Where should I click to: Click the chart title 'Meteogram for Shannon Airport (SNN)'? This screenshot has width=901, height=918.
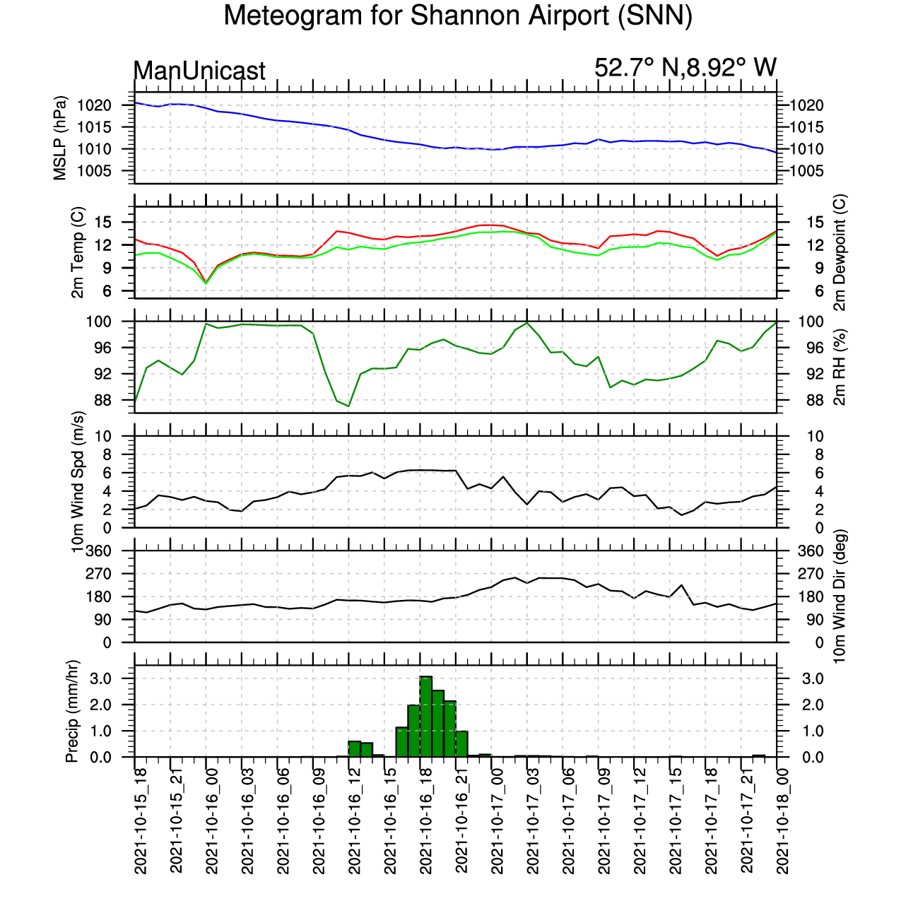click(457, 16)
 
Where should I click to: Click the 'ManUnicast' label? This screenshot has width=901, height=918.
click(199, 71)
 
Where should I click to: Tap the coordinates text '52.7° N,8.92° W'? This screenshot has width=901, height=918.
click(685, 68)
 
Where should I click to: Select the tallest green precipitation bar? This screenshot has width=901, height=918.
click(426, 716)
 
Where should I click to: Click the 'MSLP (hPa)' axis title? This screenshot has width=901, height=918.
click(60, 138)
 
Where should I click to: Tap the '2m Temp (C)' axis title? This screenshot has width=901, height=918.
click(78, 252)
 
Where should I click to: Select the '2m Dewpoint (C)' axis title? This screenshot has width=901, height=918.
click(839, 252)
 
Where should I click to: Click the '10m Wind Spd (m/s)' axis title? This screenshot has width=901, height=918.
click(78, 482)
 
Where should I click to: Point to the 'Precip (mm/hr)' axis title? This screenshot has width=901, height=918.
click(71, 711)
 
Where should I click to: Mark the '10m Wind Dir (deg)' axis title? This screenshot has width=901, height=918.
click(840, 596)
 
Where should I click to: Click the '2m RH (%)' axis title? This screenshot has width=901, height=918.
click(840, 367)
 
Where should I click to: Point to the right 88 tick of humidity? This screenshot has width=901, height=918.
click(795, 400)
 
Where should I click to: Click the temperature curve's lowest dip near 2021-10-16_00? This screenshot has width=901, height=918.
click(206, 282)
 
